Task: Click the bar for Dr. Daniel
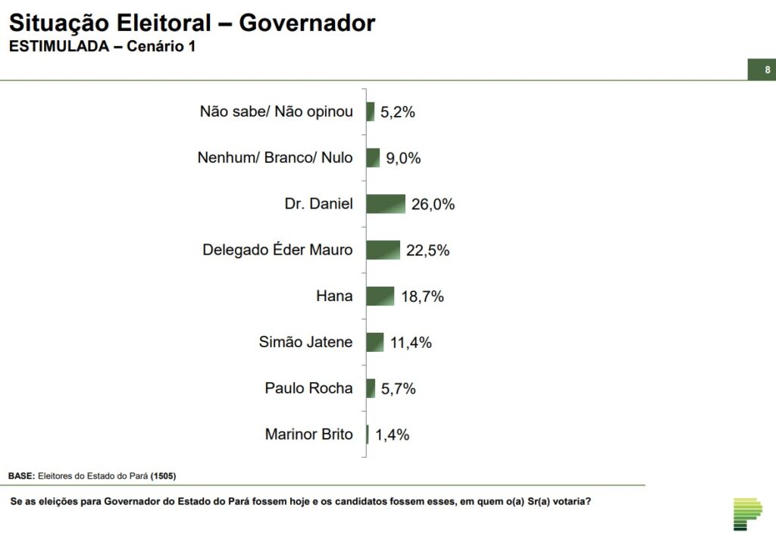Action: pyautogui.click(x=386, y=204)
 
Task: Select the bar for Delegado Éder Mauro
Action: pyautogui.click(x=383, y=250)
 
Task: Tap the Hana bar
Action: pyautogui.click(x=380, y=296)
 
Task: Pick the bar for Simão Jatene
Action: pyautogui.click(x=375, y=342)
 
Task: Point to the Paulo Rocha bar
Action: pyautogui.click(x=371, y=388)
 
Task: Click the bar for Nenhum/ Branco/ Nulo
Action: pyautogui.click(x=373, y=158)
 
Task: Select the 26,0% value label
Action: pyautogui.click(x=433, y=205)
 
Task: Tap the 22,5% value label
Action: pyautogui.click(x=427, y=251)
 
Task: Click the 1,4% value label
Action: pyautogui.click(x=393, y=435)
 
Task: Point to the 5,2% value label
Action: pyautogui.click(x=398, y=112)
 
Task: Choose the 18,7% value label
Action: pyautogui.click(x=422, y=297)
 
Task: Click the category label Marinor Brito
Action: pyautogui.click(x=308, y=434)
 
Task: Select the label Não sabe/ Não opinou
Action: pyautogui.click(x=277, y=111)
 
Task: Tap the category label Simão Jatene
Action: pyautogui.click(x=305, y=342)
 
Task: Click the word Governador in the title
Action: pyautogui.click(x=307, y=24)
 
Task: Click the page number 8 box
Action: pyautogui.click(x=761, y=70)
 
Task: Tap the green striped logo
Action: pyautogui.click(x=747, y=514)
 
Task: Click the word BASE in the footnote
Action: pyautogui.click(x=21, y=475)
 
